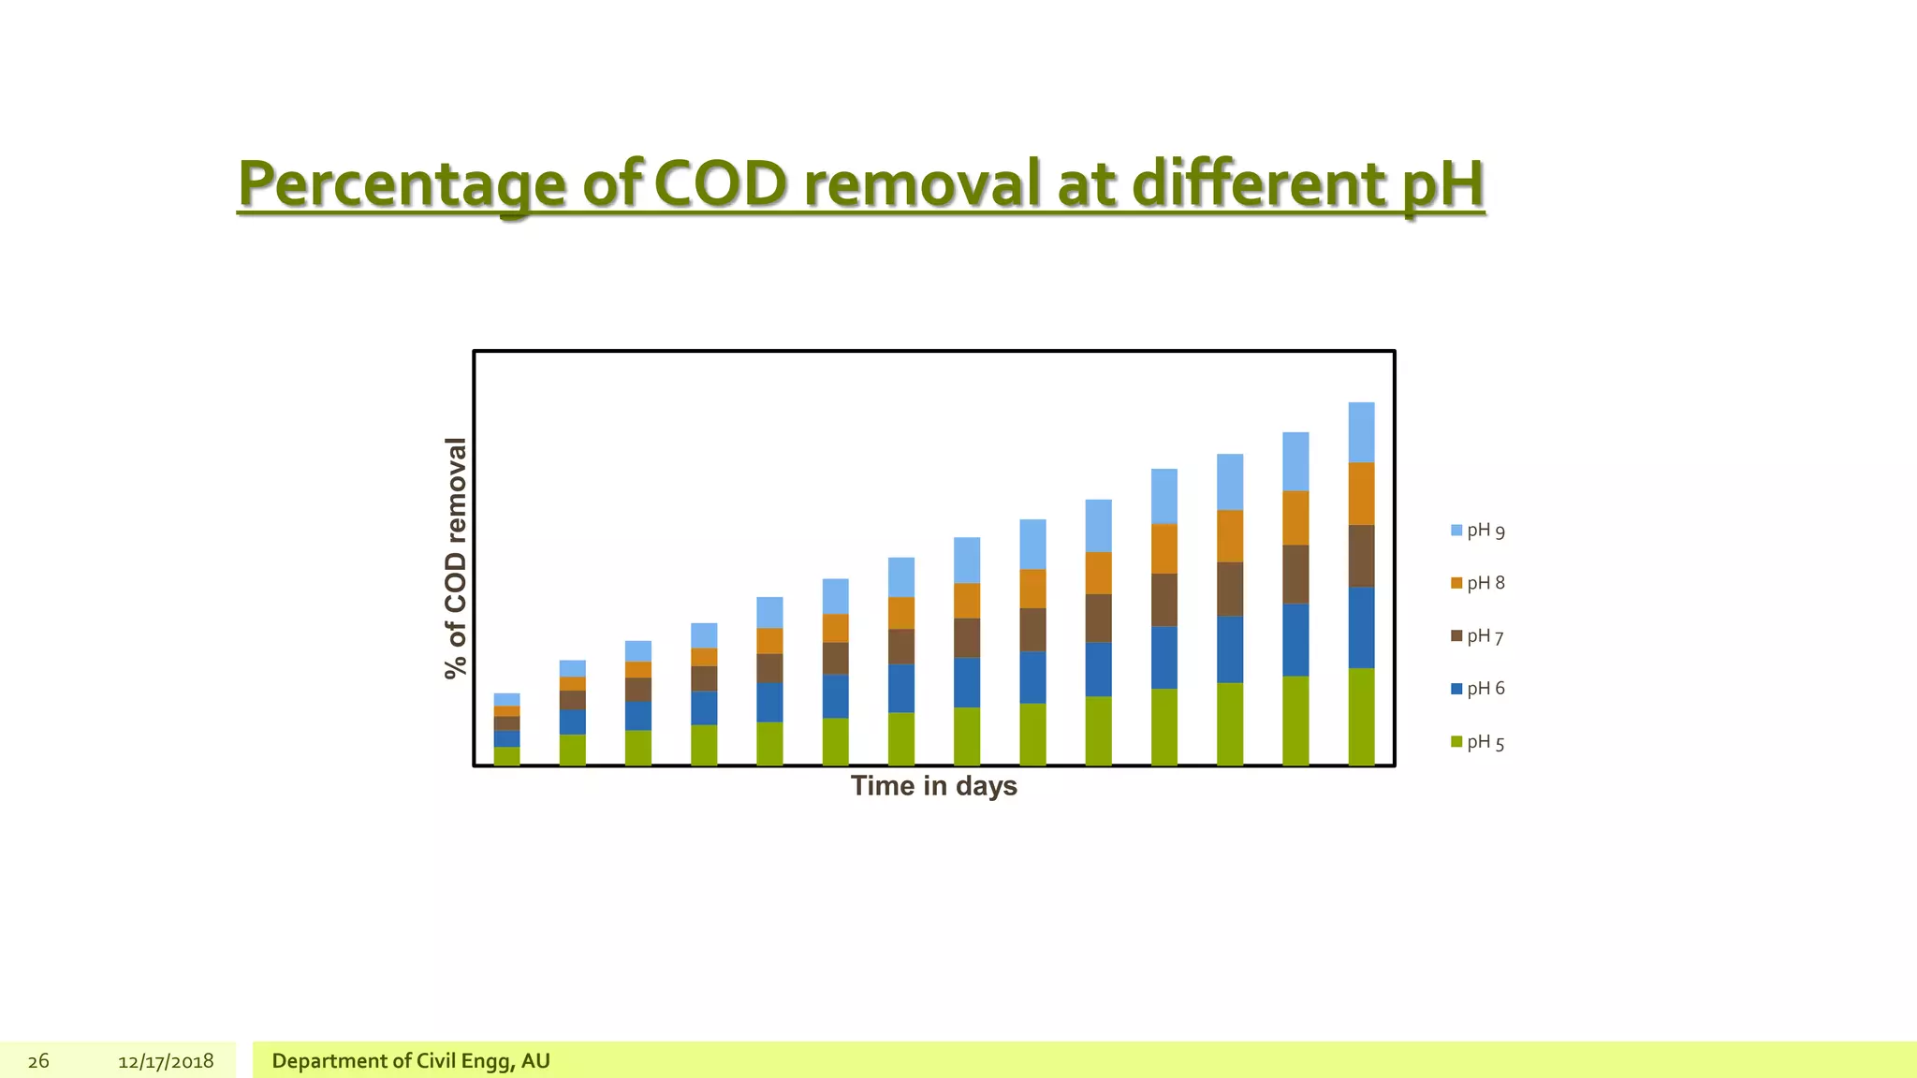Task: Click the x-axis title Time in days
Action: [933, 786]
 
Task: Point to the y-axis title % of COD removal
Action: [455, 558]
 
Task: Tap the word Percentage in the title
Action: [402, 184]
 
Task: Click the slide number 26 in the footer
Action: [38, 1061]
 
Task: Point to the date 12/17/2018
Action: [166, 1061]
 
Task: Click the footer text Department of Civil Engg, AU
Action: [411, 1061]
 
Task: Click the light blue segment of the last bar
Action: [1361, 432]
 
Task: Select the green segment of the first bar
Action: [506, 756]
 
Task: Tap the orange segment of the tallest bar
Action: [1361, 493]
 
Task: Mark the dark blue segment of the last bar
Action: [1361, 627]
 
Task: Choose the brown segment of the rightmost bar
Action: [1361, 556]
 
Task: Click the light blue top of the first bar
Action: [506, 699]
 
